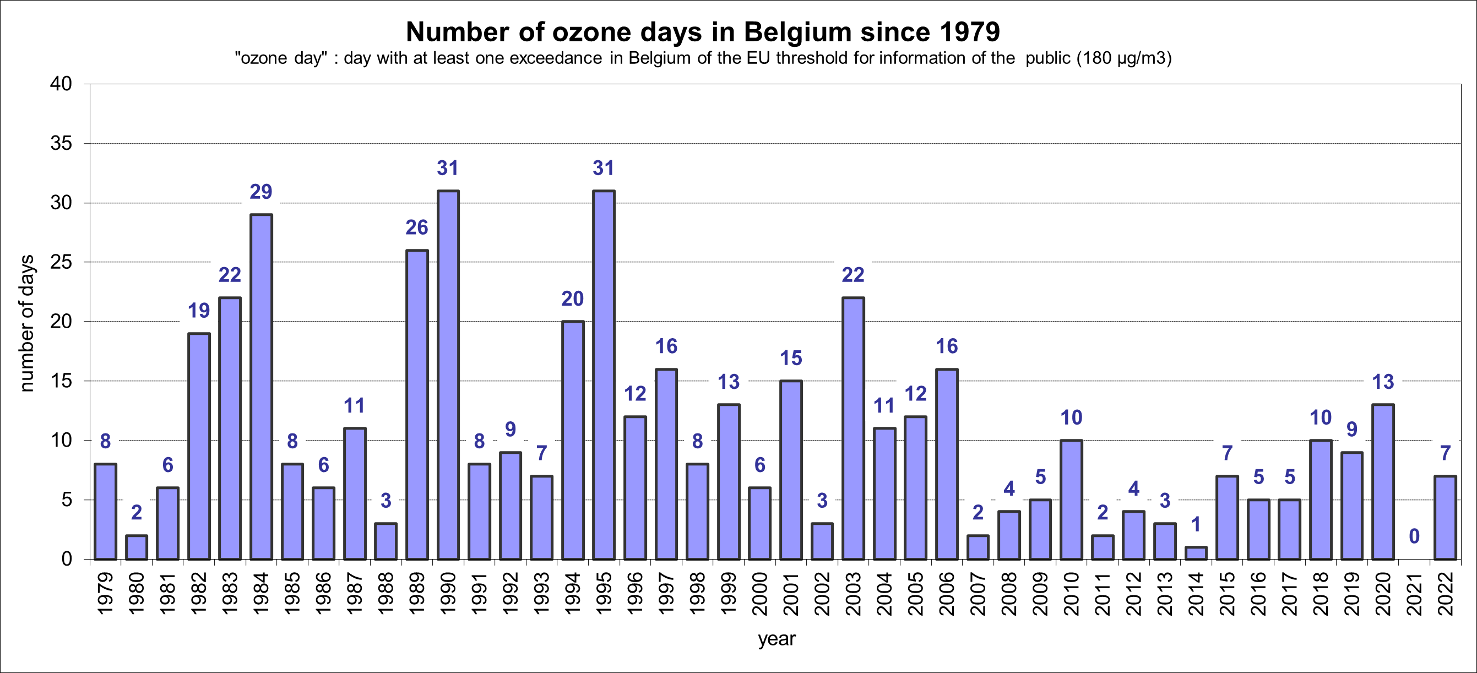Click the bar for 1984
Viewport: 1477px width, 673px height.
click(x=262, y=387)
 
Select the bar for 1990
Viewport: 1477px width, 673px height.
click(x=448, y=375)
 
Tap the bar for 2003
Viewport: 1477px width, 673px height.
click(x=853, y=428)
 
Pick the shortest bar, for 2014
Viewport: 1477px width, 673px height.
click(x=1196, y=552)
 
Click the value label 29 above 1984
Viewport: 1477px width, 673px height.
click(x=261, y=192)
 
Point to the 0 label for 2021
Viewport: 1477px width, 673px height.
click(x=1415, y=536)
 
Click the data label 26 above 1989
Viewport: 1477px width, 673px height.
click(x=417, y=227)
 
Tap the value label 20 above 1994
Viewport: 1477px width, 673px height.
click(x=572, y=298)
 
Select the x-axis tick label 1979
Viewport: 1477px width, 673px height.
click(x=106, y=594)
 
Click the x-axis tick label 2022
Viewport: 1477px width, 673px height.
click(x=1446, y=594)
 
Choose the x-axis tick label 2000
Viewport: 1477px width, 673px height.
click(x=760, y=594)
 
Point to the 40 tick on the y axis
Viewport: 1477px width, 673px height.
click(x=61, y=84)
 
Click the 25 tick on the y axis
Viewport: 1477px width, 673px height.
click(x=61, y=263)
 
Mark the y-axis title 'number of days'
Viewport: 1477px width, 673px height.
click(x=27, y=323)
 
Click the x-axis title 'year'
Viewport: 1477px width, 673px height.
click(x=776, y=639)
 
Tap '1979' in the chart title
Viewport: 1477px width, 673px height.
click(x=970, y=32)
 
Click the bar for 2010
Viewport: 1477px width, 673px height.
click(x=1071, y=500)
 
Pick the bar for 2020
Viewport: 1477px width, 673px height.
click(x=1383, y=481)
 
